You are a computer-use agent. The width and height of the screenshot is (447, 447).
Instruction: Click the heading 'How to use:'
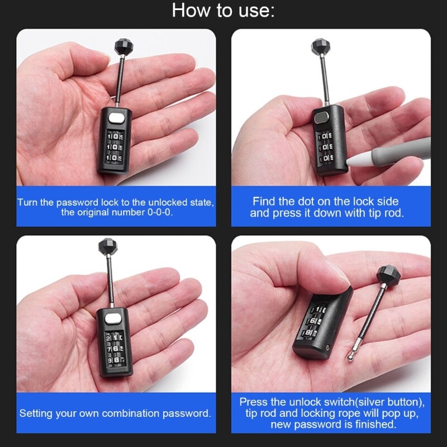(223, 10)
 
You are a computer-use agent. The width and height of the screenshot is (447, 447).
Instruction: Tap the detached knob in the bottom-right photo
(388, 277)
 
